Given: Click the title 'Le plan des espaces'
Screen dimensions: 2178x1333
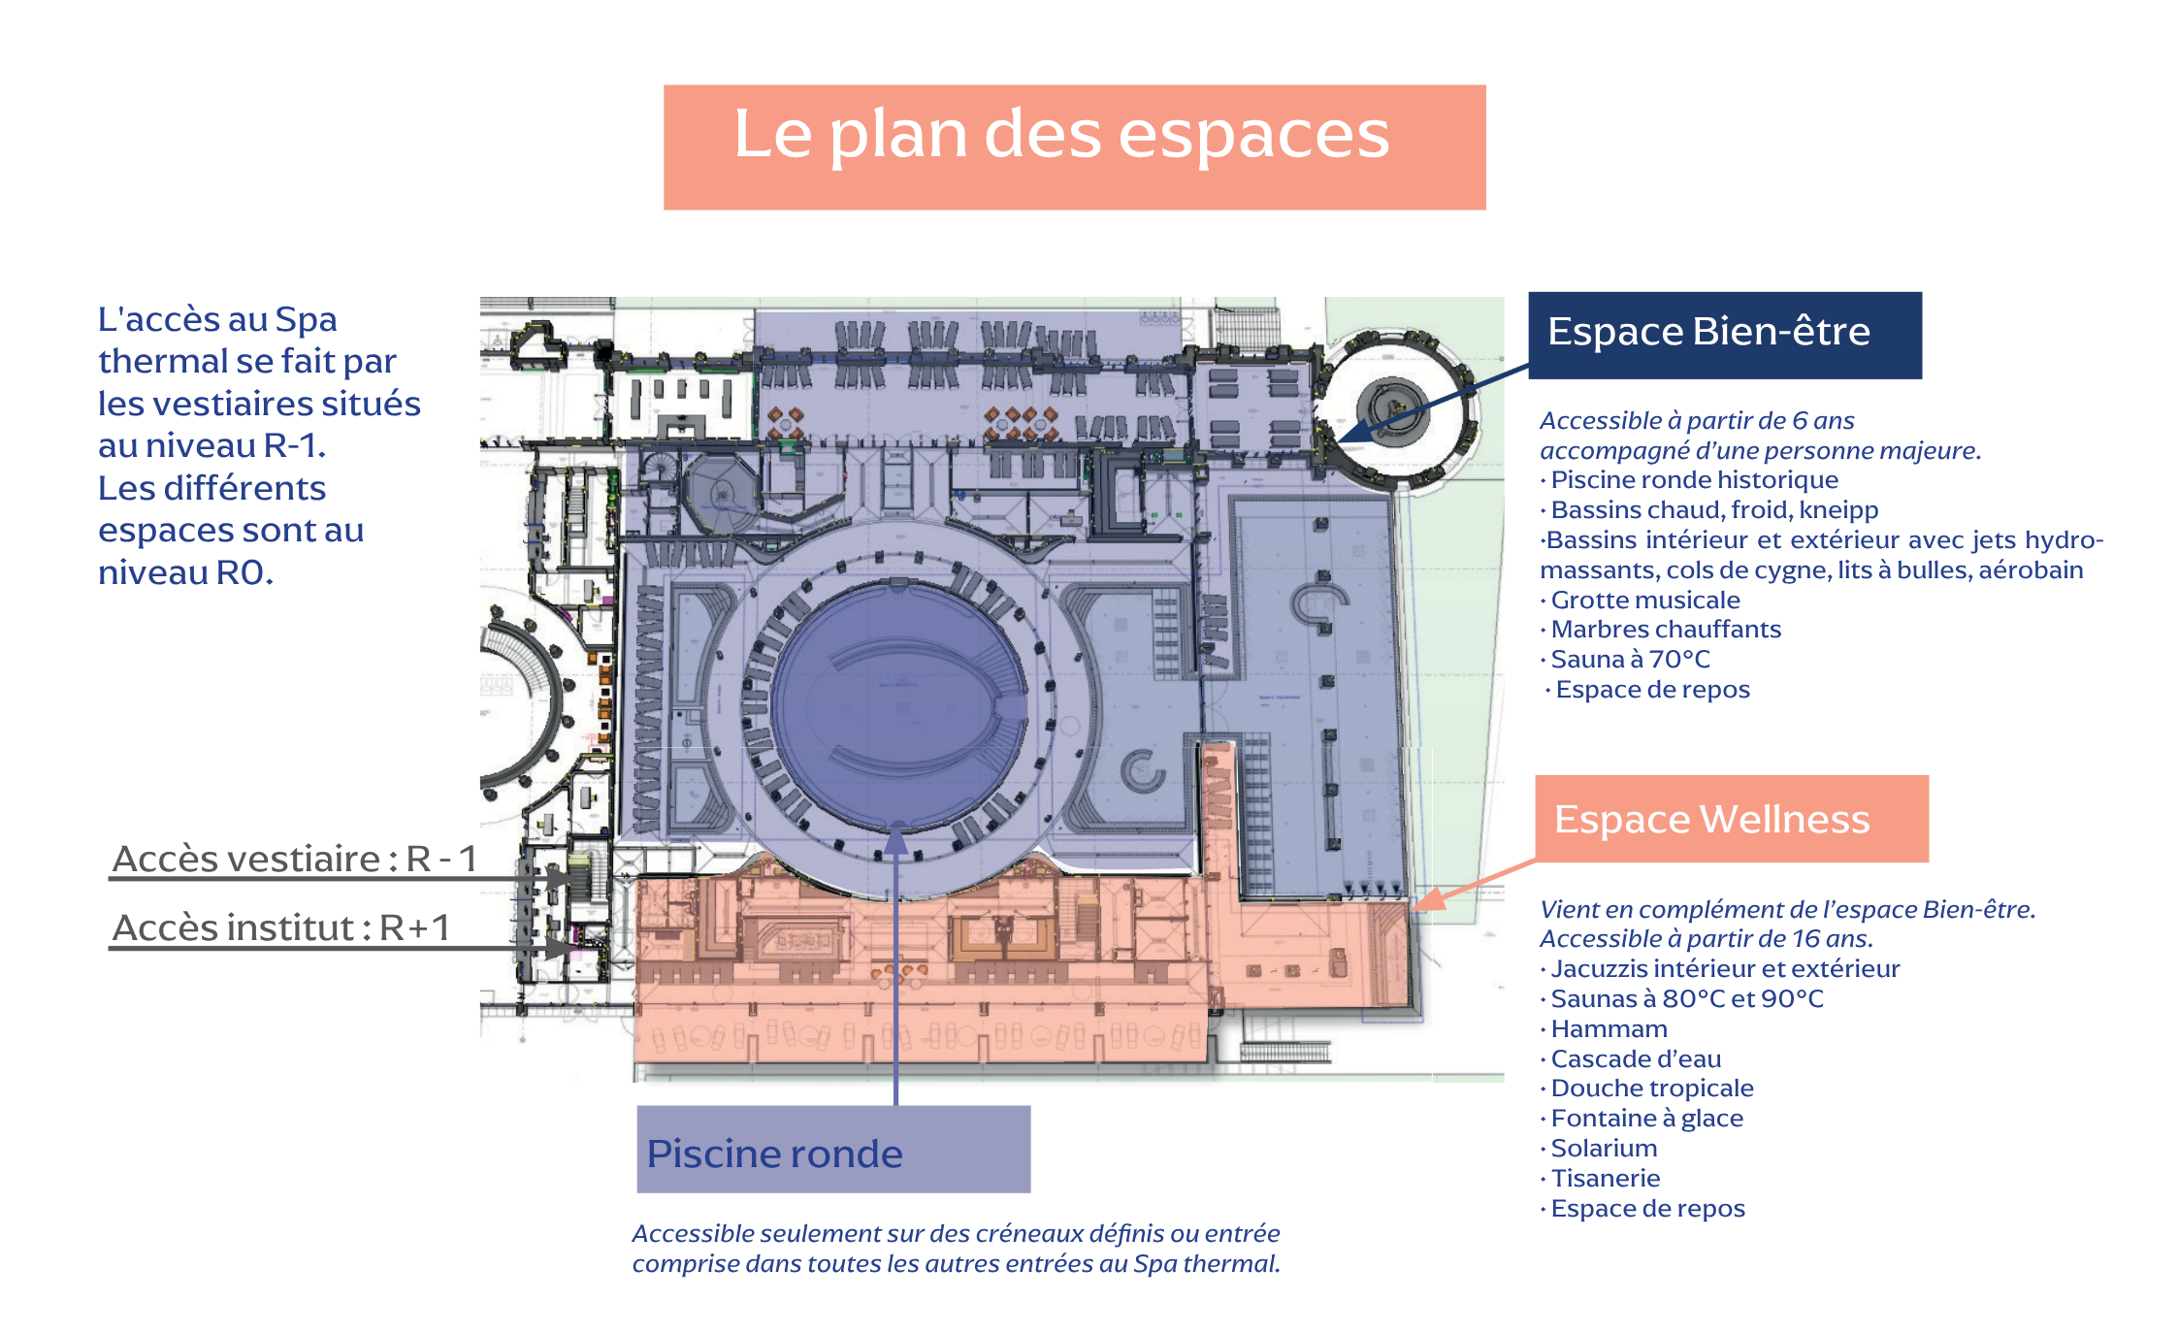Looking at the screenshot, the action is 1061,136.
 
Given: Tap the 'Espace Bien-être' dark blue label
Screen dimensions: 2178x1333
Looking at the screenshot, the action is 1725,335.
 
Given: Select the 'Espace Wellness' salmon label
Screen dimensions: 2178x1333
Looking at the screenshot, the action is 1732,819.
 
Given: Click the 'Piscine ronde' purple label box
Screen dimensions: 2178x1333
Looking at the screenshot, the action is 833,1150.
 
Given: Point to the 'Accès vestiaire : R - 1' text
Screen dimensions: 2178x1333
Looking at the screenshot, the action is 295,859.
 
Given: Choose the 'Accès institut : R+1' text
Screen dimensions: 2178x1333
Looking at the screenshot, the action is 281,927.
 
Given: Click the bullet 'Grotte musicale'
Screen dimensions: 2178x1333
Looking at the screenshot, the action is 1645,600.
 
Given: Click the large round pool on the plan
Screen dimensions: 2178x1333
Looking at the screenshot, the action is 898,705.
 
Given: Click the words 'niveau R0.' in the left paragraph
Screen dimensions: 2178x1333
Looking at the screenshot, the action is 185,572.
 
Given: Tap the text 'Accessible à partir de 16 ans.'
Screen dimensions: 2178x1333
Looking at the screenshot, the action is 1707,939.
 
